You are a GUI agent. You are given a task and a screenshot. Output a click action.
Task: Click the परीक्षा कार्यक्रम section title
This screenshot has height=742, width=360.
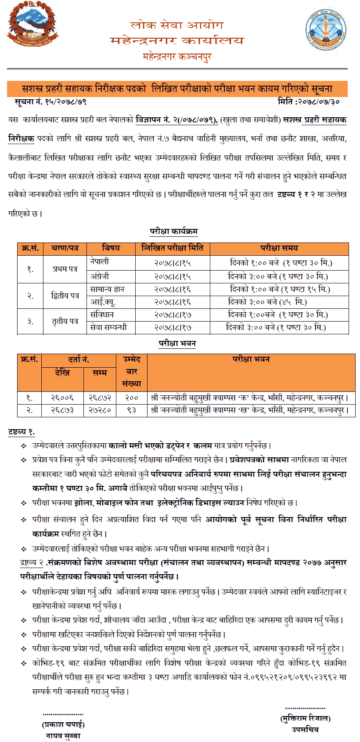click(x=173, y=231)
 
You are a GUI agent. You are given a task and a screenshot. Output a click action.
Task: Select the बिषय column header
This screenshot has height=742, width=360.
click(x=111, y=248)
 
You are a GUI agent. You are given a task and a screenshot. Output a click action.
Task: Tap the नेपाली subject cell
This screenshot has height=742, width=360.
click(x=100, y=262)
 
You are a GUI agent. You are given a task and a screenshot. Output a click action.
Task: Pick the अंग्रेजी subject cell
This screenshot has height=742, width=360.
click(x=100, y=276)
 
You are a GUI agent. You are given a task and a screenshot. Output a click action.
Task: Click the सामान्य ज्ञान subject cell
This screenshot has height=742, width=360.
click(x=107, y=289)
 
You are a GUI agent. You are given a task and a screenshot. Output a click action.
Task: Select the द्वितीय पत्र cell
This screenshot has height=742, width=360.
click(x=65, y=296)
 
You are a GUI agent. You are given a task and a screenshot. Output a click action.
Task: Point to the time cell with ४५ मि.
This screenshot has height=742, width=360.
click(x=279, y=302)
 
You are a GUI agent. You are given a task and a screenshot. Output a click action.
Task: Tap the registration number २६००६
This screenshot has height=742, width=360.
click(x=62, y=398)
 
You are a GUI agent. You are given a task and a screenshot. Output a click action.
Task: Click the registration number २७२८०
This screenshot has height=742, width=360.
click(x=100, y=410)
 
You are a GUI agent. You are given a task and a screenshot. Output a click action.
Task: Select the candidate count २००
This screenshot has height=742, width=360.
click(x=131, y=398)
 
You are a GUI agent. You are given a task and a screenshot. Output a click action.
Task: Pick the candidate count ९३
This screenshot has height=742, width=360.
click(x=131, y=410)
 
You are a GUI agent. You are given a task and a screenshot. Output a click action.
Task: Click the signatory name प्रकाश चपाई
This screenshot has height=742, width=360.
click(x=63, y=724)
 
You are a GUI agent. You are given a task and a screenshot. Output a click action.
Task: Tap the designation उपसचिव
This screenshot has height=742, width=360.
click(x=305, y=730)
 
